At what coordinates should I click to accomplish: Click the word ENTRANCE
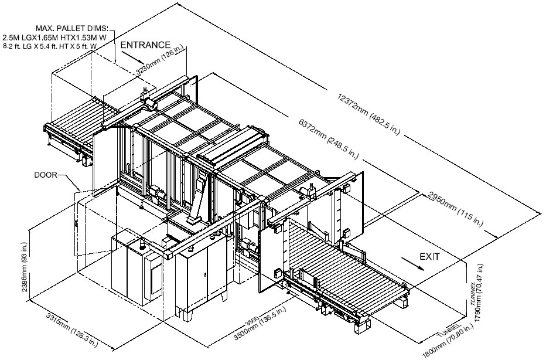145,45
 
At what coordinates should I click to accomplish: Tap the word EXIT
429,257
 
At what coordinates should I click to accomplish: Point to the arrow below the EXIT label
413,264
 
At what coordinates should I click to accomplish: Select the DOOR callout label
46,175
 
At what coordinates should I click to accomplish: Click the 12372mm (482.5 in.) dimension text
369,113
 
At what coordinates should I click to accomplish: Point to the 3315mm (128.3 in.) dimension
72,330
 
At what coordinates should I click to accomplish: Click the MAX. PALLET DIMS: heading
72,28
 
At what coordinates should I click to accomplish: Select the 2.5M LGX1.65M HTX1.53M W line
54,37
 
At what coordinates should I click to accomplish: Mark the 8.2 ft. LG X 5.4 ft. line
49,46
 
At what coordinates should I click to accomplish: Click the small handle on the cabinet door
206,274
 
